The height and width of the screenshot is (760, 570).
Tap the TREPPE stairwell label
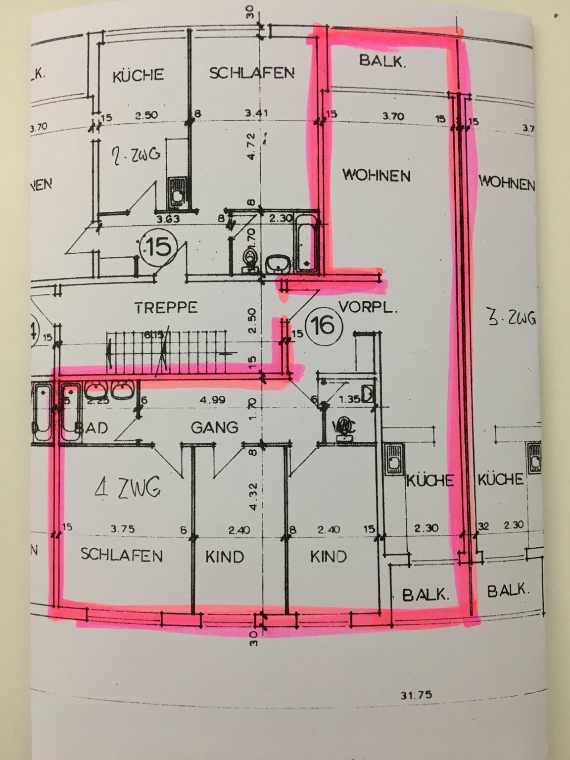tap(166, 307)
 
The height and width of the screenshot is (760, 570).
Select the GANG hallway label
tap(215, 427)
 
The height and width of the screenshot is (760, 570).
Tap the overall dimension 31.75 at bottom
tap(416, 695)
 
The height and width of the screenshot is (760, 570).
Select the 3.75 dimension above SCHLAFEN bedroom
tap(123, 529)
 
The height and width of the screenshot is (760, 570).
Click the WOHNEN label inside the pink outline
tap(377, 175)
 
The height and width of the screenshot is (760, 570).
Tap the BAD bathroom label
tap(92, 427)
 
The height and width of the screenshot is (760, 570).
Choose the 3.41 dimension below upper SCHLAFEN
tap(256, 113)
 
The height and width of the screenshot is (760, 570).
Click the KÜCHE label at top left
tap(138, 75)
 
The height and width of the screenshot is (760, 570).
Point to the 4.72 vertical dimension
tap(251, 146)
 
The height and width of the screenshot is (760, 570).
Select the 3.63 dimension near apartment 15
tap(167, 219)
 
